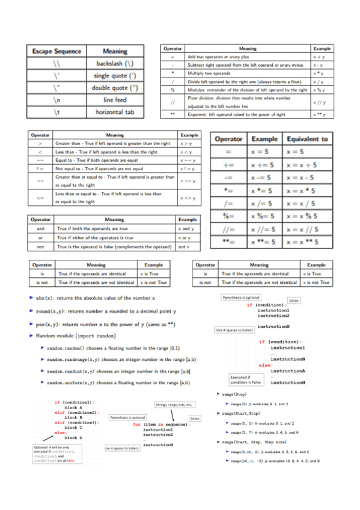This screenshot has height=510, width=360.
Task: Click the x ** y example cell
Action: click(x=320, y=114)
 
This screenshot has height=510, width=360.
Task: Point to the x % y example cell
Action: click(x=320, y=90)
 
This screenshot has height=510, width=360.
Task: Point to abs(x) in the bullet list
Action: click(x=50, y=299)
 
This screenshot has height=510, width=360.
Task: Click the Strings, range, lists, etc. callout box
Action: click(x=173, y=405)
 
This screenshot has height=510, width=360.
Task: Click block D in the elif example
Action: click(x=73, y=438)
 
